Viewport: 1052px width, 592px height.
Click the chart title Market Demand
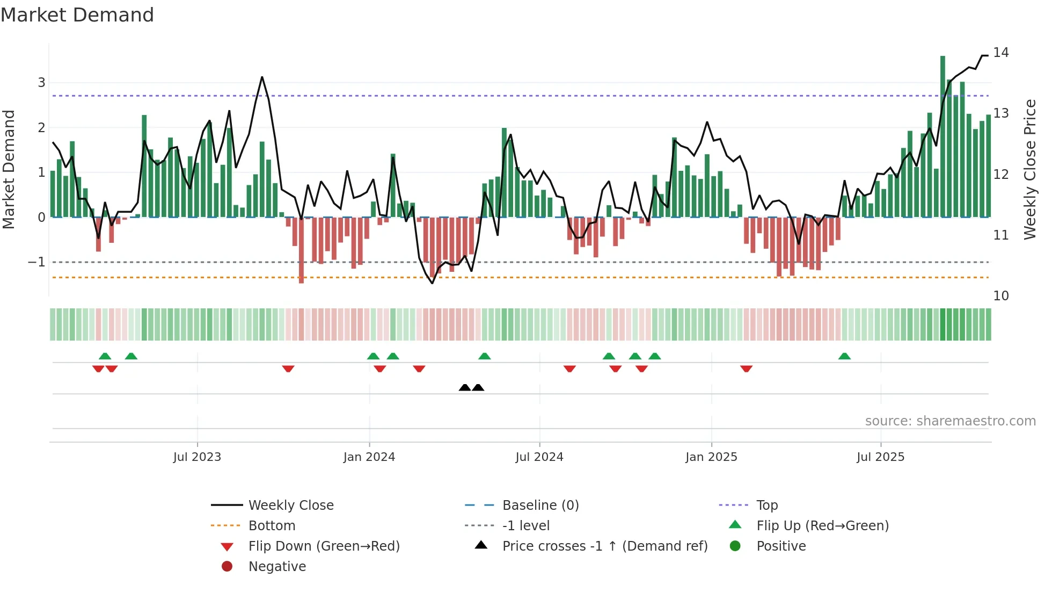point(77,15)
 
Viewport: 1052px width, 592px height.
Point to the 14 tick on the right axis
point(1000,53)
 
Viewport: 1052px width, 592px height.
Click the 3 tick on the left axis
point(41,83)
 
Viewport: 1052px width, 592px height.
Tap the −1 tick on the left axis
point(37,262)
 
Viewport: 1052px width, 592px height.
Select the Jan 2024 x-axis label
point(369,457)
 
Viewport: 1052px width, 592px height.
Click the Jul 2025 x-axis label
point(880,457)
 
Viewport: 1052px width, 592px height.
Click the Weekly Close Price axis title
point(1029,169)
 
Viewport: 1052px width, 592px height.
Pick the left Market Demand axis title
point(9,169)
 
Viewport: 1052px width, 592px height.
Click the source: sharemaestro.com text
point(950,421)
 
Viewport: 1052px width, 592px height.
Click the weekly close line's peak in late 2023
point(262,77)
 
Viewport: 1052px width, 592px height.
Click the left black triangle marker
point(465,387)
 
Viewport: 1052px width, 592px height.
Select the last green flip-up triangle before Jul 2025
point(844,356)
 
